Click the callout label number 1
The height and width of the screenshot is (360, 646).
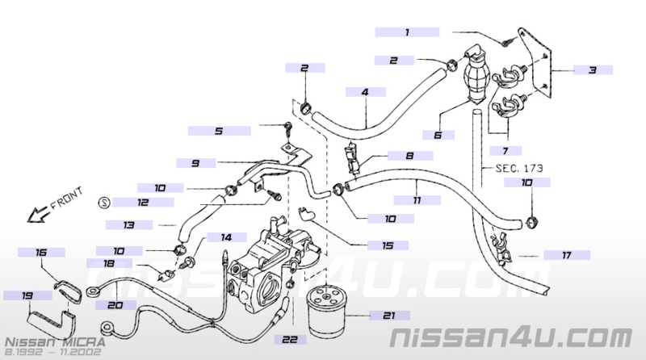point(407,32)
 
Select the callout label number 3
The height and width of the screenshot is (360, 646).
point(593,70)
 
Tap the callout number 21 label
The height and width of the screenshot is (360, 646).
point(389,316)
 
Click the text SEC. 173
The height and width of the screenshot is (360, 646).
point(519,168)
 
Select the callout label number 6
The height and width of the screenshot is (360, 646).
point(438,135)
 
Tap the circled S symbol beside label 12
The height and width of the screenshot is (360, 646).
point(105,203)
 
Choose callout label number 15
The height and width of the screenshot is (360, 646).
point(388,245)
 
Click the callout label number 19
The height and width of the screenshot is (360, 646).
point(27,295)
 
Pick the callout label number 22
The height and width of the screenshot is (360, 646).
point(290,339)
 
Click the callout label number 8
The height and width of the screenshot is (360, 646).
point(410,155)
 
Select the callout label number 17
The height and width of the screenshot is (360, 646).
point(567,255)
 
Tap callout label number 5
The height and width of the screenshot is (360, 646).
point(219,131)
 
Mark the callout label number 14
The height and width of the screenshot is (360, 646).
point(227,237)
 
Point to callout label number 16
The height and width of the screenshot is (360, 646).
point(41,252)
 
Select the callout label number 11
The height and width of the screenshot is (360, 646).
point(417,200)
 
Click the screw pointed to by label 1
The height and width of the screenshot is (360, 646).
point(507,42)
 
